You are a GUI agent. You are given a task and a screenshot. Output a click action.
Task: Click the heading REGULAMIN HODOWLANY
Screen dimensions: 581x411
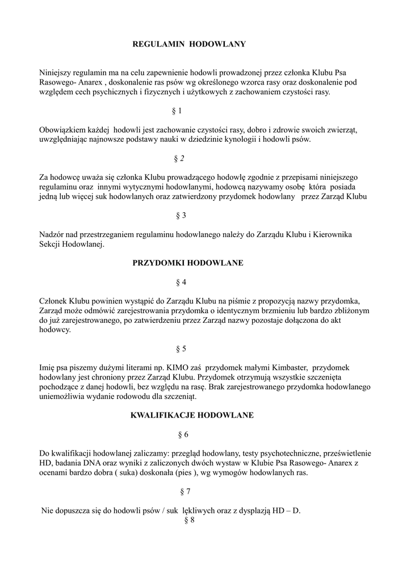[189, 44]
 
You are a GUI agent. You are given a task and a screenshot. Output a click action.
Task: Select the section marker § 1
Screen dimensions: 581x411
[177, 111]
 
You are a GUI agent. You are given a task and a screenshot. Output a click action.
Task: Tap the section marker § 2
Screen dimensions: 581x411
[179, 158]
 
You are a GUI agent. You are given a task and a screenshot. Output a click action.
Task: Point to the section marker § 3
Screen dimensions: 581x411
[181, 216]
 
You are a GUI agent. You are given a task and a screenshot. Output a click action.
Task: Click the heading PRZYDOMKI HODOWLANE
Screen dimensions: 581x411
[188, 263]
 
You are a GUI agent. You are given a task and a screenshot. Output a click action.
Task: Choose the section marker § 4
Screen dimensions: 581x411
[181, 282]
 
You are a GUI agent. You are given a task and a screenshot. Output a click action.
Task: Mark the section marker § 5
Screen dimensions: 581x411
[181, 349]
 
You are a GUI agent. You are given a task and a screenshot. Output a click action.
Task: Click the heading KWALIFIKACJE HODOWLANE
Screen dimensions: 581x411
[192, 415]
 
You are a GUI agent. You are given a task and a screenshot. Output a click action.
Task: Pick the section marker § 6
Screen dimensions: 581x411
[183, 435]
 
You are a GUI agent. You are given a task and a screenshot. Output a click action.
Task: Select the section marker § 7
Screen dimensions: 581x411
[185, 491]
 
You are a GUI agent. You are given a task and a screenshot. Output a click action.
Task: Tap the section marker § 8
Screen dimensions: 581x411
[190, 520]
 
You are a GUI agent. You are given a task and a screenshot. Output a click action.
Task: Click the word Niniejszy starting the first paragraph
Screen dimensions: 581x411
[56, 73]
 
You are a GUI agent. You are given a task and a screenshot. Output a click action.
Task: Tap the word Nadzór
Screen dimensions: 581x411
[53, 234]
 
